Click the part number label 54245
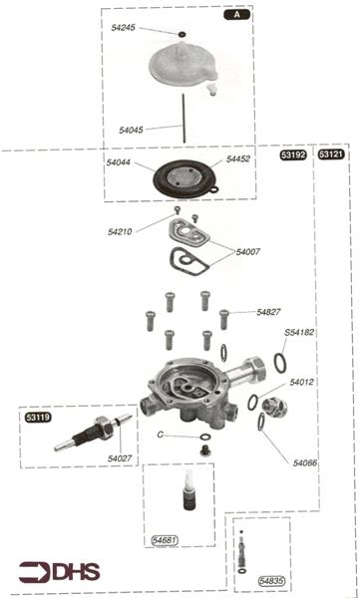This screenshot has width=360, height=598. pos(123,28)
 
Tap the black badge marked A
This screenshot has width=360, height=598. pos(237,15)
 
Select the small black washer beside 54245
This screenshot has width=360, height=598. pos(182,34)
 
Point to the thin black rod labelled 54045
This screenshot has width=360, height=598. pos(184,119)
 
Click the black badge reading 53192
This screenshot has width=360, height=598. pos(293,154)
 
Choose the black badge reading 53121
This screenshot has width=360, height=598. pos(331,154)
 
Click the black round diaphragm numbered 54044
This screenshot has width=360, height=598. pos(182,178)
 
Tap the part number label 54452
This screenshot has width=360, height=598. pos(238,159)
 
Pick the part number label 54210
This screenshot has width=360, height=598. pos(120,231)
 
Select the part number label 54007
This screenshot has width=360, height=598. pos(248,252)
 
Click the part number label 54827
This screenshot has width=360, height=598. pos(268,312)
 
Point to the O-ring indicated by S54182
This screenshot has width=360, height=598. pos(280,363)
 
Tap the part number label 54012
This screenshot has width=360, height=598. pos(301,382)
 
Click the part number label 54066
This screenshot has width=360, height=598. pos(304,463)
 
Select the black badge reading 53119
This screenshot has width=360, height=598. pos(38,418)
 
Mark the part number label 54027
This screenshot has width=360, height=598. pos(119,458)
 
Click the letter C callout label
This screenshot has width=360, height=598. pos(160,435)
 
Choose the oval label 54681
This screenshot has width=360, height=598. pos(165,540)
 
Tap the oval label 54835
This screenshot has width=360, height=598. pos(271,581)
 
